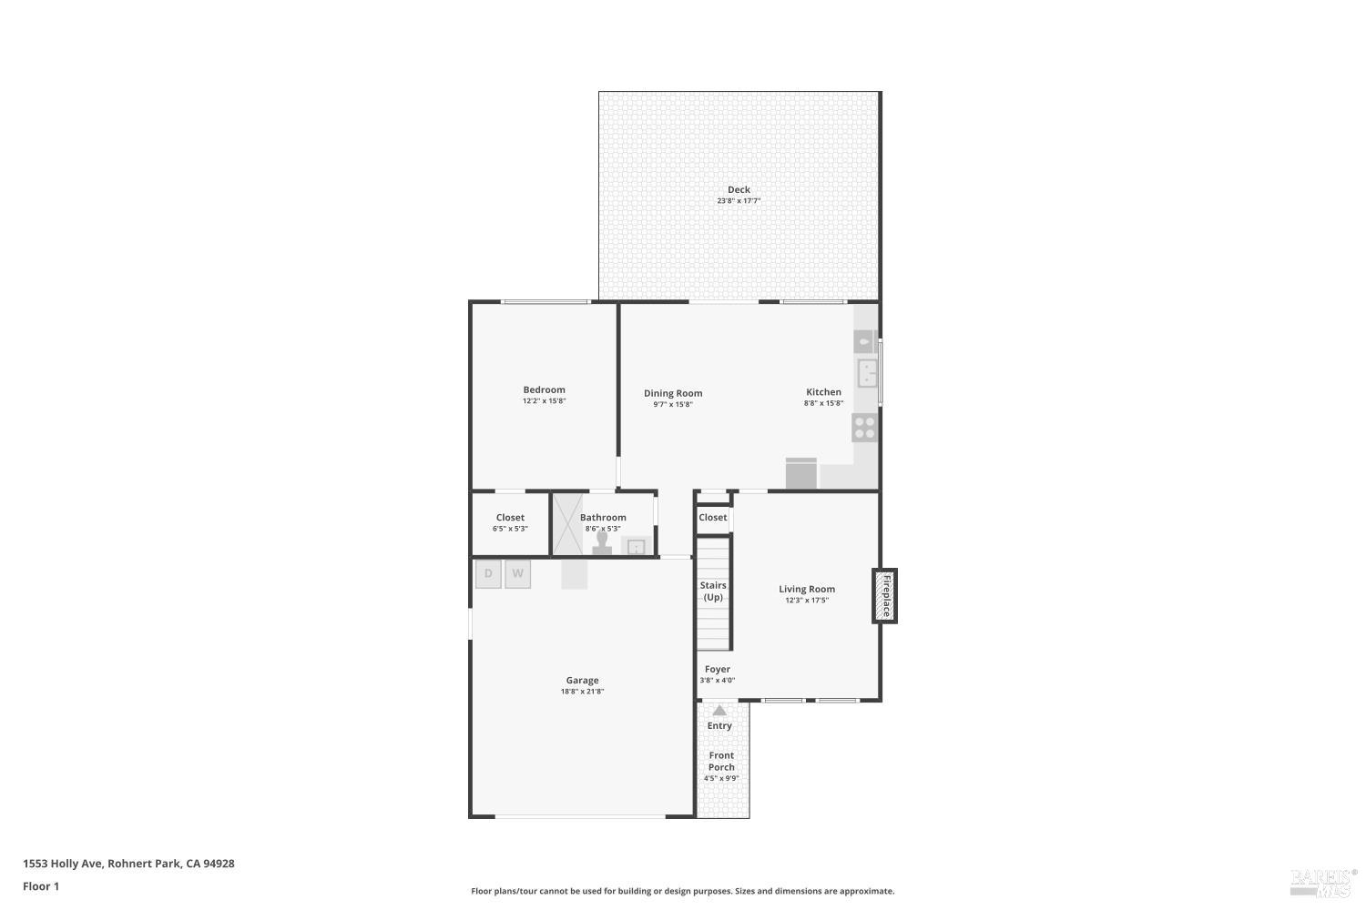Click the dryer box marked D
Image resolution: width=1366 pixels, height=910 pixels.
[488, 573]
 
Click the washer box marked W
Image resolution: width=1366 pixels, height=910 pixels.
[517, 573]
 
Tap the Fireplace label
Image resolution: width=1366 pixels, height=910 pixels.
[885, 596]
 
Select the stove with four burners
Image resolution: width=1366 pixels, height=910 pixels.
[864, 428]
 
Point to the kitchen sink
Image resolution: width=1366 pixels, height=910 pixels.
[866, 373]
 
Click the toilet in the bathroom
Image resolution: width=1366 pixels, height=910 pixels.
[602, 543]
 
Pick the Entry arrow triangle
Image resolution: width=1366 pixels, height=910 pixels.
[719, 710]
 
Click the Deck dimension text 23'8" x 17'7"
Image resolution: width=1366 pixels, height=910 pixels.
[739, 201]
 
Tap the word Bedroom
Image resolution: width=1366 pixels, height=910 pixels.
[544, 389]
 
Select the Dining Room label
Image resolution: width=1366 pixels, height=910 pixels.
[673, 393]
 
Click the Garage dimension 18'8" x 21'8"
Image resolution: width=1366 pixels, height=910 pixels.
[582, 692]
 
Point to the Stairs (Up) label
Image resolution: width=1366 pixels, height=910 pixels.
[713, 591]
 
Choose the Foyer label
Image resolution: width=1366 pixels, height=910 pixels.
[718, 669]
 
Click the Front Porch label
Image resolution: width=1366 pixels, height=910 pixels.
[721, 761]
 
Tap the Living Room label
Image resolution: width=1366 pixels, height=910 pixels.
[807, 589]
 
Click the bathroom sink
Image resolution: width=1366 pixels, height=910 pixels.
[636, 547]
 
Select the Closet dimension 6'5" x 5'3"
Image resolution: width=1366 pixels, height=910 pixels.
[510, 529]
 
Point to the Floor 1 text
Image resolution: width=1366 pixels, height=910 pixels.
[41, 886]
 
